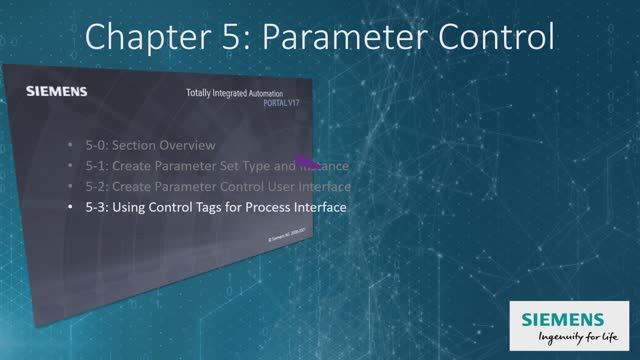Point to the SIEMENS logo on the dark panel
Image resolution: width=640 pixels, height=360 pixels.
click(x=56, y=92)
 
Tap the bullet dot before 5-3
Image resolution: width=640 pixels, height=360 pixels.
click(x=70, y=208)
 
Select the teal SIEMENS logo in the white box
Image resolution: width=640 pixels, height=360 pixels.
click(x=568, y=317)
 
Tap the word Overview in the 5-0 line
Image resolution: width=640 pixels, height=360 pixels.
click(x=184, y=145)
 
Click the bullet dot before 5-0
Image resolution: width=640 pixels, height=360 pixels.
click(x=70, y=145)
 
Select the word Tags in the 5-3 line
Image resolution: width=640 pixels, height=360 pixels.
click(x=212, y=208)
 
